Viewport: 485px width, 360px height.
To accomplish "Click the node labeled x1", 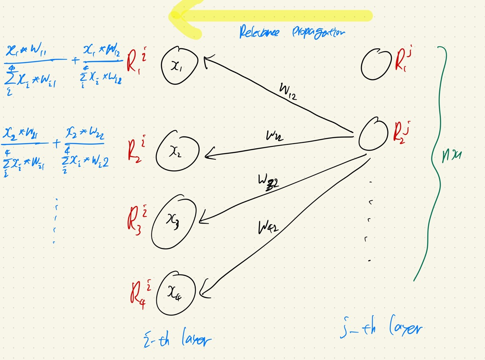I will pos(180,67).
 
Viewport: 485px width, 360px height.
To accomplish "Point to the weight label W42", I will pos(268,228).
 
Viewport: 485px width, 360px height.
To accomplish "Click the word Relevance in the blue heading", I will pos(259,32).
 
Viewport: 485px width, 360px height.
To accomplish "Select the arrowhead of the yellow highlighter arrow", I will pos(180,17).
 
